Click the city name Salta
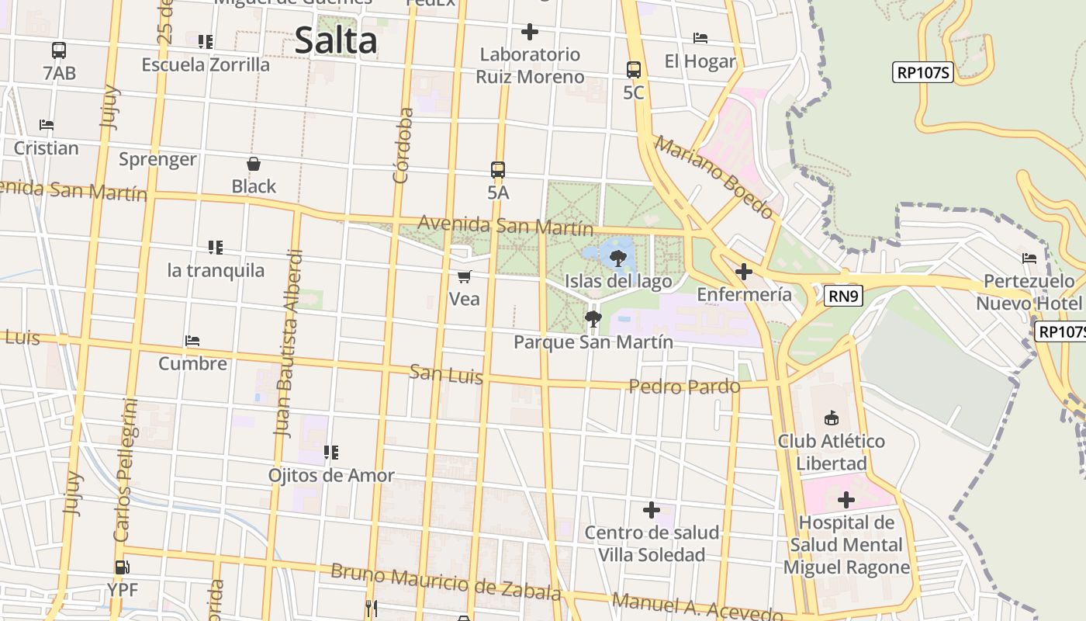[336, 41]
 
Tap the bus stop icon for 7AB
[59, 50]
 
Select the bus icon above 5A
[498, 169]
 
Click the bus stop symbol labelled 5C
[634, 69]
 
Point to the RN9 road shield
[844, 295]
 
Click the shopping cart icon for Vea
[465, 276]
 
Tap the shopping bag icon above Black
[254, 164]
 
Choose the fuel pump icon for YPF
[122, 567]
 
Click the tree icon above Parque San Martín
[593, 317]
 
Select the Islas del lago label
[618, 281]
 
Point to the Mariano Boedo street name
[714, 177]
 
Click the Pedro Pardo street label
[684, 386]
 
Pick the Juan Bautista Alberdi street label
[287, 342]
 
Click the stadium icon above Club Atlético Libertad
[832, 418]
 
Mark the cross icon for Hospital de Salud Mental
[846, 500]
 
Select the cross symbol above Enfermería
[744, 272]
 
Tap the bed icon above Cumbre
[192, 341]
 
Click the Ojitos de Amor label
[331, 475]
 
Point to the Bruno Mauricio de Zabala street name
[445, 583]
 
